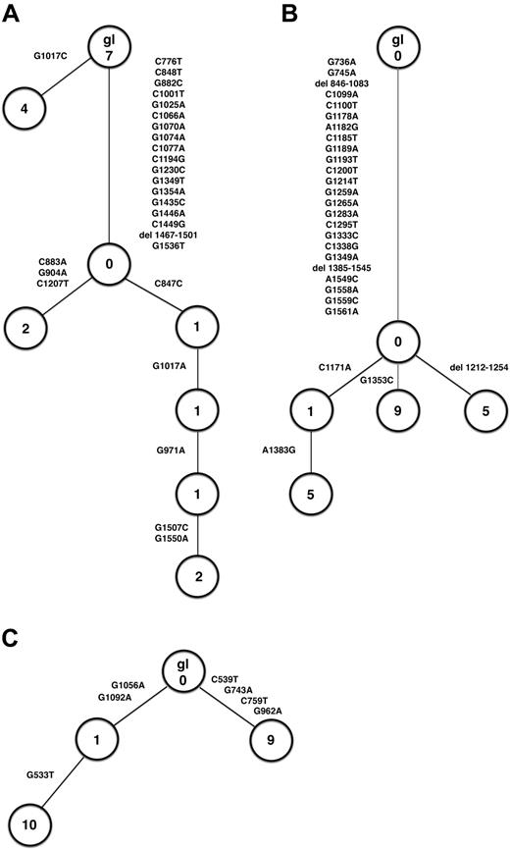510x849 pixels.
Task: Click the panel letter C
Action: [13, 638]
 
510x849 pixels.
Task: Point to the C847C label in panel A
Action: [172, 284]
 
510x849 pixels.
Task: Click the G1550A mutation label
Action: [174, 538]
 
